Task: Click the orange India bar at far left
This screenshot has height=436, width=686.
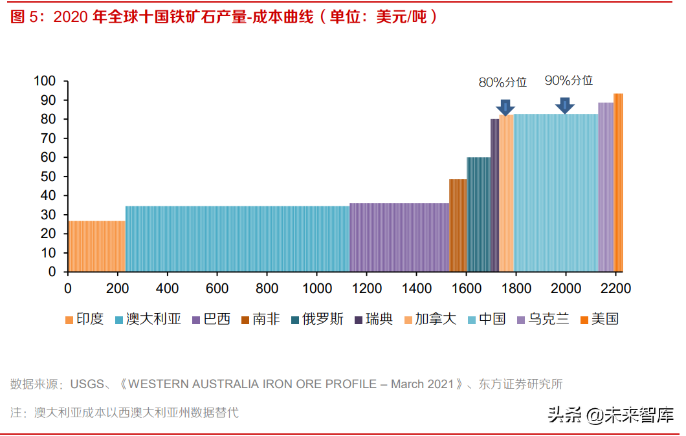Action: (96, 246)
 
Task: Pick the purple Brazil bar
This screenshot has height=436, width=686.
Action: (399, 237)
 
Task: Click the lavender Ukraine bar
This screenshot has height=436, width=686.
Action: (605, 187)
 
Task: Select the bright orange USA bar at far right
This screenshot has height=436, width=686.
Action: (618, 182)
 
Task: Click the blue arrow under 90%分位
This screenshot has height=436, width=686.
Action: (565, 105)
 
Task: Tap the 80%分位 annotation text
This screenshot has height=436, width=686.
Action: (503, 82)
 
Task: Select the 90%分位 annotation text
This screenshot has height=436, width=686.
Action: (569, 80)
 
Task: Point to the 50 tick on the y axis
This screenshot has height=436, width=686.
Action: (49, 177)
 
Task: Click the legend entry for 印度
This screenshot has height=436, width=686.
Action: (84, 319)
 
